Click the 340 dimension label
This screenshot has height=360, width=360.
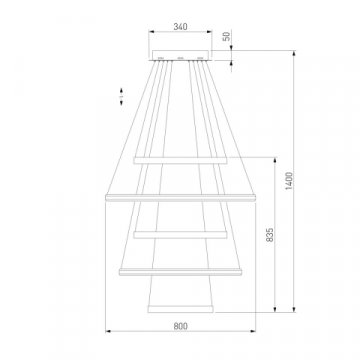[180, 26]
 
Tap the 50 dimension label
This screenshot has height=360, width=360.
[226, 36]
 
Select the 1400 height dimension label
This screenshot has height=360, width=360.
[289, 181]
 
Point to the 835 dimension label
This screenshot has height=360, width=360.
[270, 235]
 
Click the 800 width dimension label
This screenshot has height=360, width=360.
[180, 326]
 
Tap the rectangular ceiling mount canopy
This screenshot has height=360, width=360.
[180, 55]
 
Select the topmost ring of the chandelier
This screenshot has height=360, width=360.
[180, 160]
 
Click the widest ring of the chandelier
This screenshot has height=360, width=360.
[180, 198]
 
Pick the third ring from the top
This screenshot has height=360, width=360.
[180, 235]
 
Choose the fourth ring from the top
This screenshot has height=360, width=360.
[180, 272]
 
